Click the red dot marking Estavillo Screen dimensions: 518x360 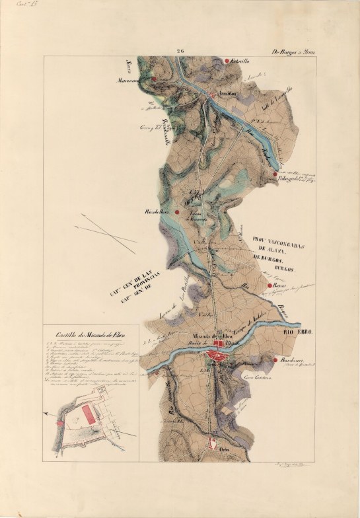click(227, 61)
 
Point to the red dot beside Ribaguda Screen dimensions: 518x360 click(274, 174)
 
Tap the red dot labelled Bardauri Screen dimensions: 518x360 click(274, 360)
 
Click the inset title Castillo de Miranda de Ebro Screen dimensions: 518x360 click(87, 334)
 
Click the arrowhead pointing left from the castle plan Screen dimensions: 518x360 click(47, 413)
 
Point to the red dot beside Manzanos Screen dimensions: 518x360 click(153, 78)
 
